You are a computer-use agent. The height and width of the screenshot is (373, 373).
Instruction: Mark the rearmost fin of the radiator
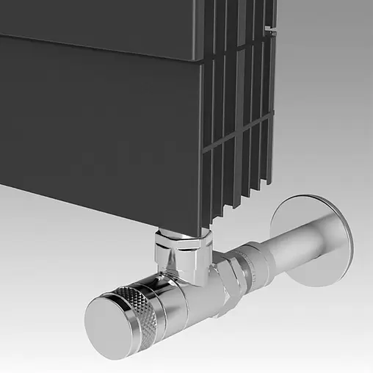tap(274, 110)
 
